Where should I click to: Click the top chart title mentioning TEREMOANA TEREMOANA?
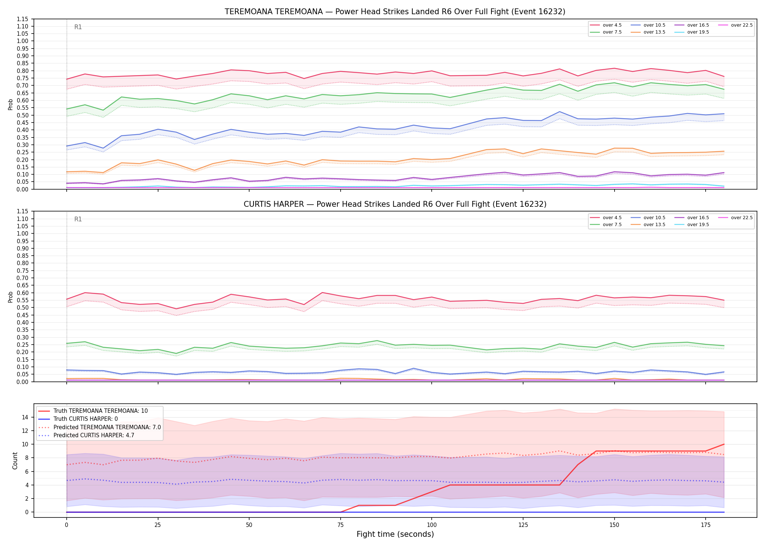point(395,12)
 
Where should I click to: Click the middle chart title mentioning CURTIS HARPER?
point(395,204)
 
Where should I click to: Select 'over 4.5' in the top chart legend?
point(612,25)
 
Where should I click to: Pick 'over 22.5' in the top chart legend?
point(742,25)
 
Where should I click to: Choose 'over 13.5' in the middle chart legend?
point(654,225)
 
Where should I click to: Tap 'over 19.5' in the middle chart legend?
point(698,225)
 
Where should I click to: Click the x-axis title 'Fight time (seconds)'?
point(395,534)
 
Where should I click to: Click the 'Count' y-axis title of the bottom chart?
point(15,461)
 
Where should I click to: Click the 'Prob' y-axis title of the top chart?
point(11,104)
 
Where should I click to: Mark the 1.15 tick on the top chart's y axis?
point(23,19)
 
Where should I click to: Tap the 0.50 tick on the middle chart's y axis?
point(23,307)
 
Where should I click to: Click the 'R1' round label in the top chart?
point(78,27)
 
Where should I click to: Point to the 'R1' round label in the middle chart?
point(78,219)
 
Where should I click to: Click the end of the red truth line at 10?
point(724,444)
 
